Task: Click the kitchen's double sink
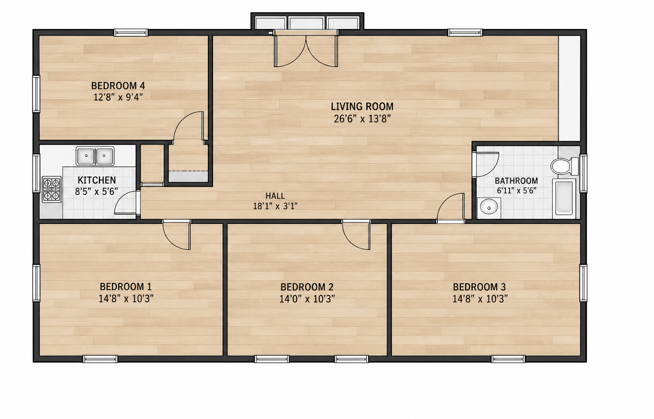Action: click(x=95, y=156)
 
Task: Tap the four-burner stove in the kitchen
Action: click(x=52, y=189)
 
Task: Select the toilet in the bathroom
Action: click(x=564, y=166)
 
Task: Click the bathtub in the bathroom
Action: click(x=564, y=198)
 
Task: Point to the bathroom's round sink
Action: click(x=489, y=208)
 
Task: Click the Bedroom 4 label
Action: click(x=118, y=86)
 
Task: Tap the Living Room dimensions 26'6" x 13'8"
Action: click(x=362, y=119)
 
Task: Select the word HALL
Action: click(x=275, y=196)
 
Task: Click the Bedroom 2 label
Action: click(x=307, y=287)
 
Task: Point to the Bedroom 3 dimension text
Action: click(x=480, y=299)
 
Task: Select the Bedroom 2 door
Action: click(x=356, y=235)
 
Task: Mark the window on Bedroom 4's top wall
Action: click(x=131, y=33)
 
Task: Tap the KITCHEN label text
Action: click(x=97, y=180)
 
